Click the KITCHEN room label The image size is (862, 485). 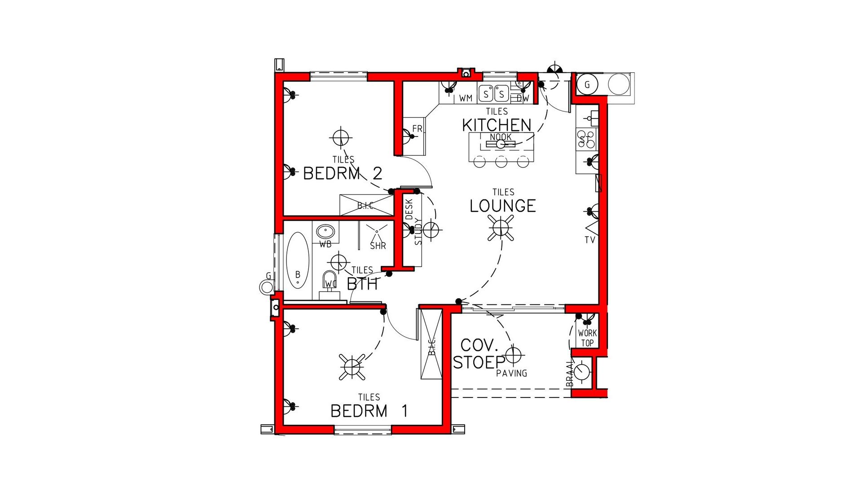click(x=497, y=125)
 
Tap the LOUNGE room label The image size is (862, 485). click(x=503, y=206)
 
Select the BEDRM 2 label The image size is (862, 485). click(x=343, y=173)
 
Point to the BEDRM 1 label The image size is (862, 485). click(x=369, y=411)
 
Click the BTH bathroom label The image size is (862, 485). click(x=362, y=284)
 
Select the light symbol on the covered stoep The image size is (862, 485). click(x=514, y=355)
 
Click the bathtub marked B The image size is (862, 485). click(x=298, y=260)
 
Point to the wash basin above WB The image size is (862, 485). click(x=325, y=232)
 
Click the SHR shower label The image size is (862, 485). click(x=378, y=246)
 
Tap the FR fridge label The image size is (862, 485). click(x=417, y=129)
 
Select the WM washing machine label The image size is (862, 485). click(x=466, y=98)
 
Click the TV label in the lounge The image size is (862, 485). click(x=589, y=240)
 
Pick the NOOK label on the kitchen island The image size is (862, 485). click(x=501, y=137)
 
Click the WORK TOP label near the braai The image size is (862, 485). click(x=587, y=338)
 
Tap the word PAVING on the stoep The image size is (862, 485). click(x=512, y=373)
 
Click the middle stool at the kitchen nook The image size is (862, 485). click(x=501, y=161)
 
